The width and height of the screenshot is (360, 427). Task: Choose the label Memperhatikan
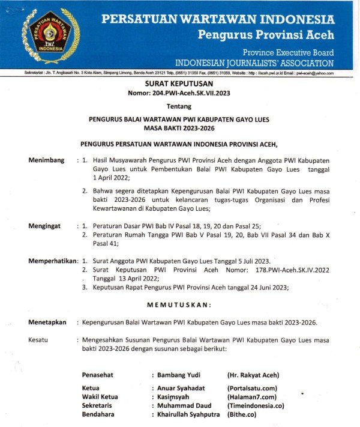[52, 261]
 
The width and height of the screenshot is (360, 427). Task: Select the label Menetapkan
[47, 323]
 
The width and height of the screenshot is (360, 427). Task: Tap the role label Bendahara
[99, 414]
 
